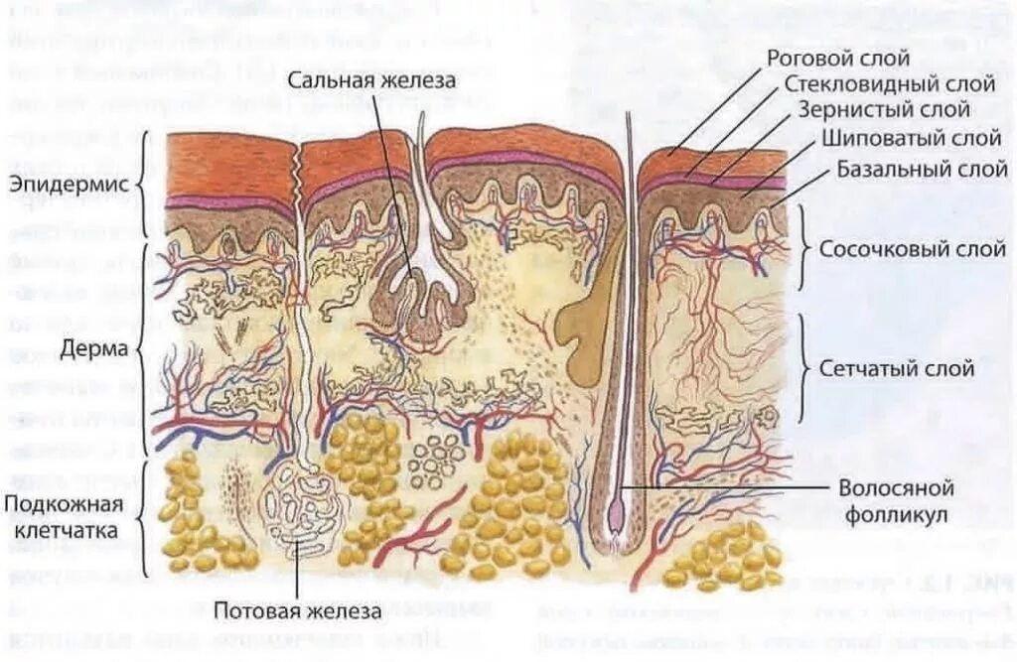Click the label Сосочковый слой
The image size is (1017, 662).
(x=900, y=248)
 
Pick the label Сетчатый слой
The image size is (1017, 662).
(x=896, y=368)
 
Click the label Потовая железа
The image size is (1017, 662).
(x=298, y=611)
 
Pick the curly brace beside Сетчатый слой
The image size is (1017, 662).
(x=804, y=369)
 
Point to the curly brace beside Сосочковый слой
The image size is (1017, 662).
(x=804, y=248)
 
